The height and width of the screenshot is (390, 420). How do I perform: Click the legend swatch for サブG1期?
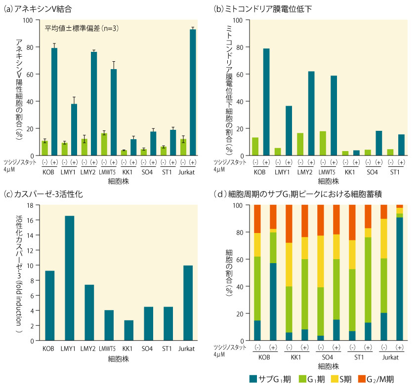252,379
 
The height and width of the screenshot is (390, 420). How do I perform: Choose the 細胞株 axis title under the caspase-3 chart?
115,359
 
